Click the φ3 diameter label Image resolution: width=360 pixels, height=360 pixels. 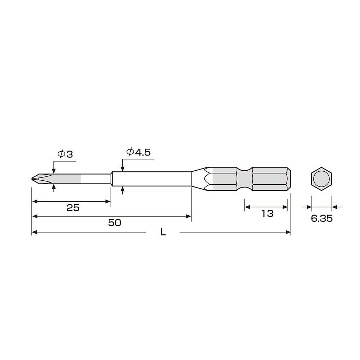coord(65,154)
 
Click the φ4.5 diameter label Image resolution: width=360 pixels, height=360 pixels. coord(138,152)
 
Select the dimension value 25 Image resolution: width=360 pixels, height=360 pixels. coord(73,208)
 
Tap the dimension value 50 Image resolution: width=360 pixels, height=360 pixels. coord(114,222)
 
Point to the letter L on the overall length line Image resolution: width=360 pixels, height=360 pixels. coord(163,233)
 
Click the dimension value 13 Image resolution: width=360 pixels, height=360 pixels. coord(267,213)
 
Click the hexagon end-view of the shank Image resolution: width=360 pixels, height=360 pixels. coord(321,179)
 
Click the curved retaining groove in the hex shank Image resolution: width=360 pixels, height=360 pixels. coord(245,179)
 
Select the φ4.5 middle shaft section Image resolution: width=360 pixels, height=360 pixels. coord(151,179)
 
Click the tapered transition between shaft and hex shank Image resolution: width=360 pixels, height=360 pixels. coord(199,179)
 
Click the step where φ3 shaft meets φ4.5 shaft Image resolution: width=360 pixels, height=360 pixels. coord(111,179)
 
